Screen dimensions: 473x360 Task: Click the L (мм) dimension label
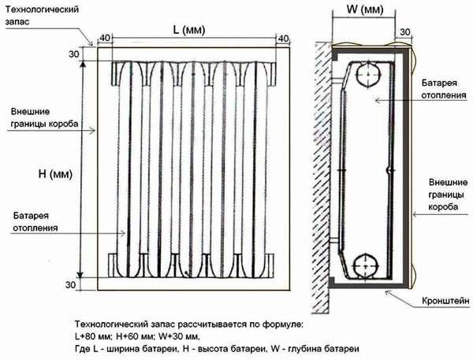pos(189,30)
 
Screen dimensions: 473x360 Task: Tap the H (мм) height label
pos(55,174)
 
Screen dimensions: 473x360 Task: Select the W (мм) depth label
pos(365,9)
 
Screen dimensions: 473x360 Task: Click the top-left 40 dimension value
pos(105,38)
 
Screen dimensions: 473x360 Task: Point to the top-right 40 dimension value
pos(283,39)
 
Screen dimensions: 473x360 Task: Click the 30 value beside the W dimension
pos(405,32)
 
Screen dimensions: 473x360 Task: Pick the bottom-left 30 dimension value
pos(71,284)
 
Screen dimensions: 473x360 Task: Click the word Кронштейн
pos(445,301)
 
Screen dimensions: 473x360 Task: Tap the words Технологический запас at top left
pos(42,16)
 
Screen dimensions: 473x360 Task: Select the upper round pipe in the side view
pos(367,75)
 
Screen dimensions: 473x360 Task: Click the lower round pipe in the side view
pos(366,266)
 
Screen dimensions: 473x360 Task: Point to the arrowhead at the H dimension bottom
pos(80,274)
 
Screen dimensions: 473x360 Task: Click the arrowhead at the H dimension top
pos(83,65)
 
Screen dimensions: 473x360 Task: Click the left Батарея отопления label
pos(35,221)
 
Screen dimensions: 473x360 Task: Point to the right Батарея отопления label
pos(444,89)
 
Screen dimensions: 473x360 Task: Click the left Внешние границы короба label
pos(44,117)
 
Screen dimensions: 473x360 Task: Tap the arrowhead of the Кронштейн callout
pos(388,291)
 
